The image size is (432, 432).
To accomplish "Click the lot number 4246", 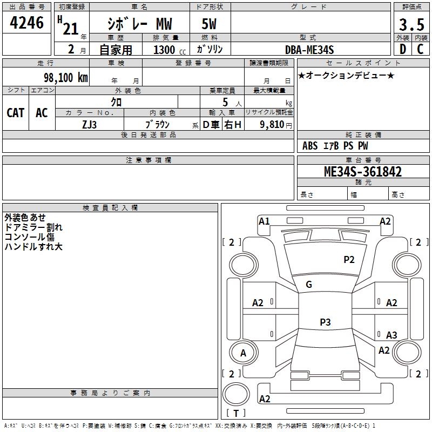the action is coord(26,22).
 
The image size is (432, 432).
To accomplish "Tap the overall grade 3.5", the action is coord(411,24).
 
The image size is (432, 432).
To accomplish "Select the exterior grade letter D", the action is coord(403,49).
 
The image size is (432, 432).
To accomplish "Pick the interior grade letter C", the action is coord(420,49).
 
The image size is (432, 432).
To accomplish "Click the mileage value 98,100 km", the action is coord(66,77).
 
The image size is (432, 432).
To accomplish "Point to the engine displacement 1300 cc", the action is coord(170,50).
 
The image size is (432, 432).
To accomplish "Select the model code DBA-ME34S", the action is coord(309,50).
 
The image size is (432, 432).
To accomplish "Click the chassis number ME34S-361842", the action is coord(363,171).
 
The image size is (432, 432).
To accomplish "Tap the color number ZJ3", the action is coord(89,125).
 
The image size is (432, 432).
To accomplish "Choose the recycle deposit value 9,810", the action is coord(272,124).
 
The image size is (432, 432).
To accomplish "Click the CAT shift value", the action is coord(16,113).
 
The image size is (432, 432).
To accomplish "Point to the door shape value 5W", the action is coord(209,24).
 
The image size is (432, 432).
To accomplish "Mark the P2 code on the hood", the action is coord(349,260).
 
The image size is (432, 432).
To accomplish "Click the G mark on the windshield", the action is coord(309,285).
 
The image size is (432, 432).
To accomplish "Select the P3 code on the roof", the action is coord(325,322).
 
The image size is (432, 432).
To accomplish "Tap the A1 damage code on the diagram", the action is coord(264,221).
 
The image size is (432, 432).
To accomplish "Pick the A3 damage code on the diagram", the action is coord(391,335).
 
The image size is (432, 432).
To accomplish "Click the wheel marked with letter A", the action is coord(243,353).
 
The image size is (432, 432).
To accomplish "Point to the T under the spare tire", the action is coord(236,413).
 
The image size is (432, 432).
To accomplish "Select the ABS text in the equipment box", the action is coord(310,146).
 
